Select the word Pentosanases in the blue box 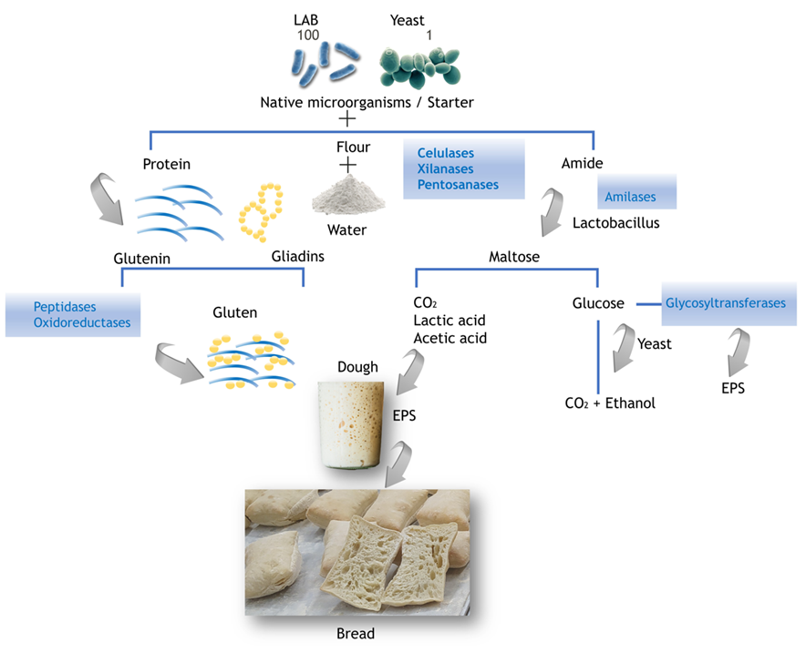pos(458,185)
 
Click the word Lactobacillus pos(615,222)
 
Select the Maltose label pos(514,258)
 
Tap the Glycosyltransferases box pos(725,303)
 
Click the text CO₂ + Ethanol pos(610,403)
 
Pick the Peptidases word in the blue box pos(65,306)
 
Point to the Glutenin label pos(142,259)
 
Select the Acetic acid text pos(449,338)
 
